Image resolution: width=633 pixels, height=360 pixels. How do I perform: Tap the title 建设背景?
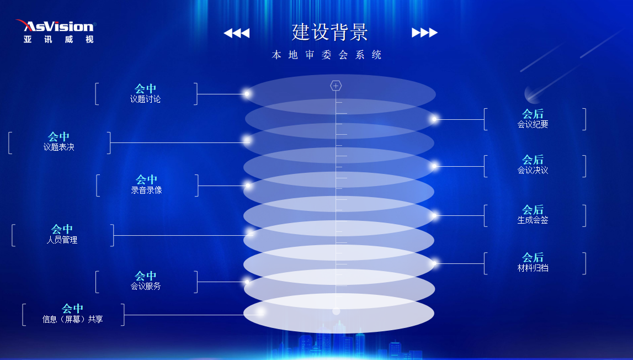pyautogui.click(x=330, y=32)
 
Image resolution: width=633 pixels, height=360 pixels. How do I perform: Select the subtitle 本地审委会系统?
pyautogui.click(x=327, y=55)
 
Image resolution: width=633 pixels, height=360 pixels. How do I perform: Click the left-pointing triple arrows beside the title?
pyautogui.click(x=237, y=33)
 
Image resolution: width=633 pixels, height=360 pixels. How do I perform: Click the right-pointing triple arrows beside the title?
pyautogui.click(x=424, y=33)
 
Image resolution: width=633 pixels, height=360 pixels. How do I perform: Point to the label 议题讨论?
pyautogui.click(x=146, y=99)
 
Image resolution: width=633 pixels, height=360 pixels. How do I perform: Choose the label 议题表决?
pyautogui.click(x=59, y=147)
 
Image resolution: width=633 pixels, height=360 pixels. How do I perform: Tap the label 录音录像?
pyautogui.click(x=146, y=190)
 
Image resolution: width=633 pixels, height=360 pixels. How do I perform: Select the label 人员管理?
pyautogui.click(x=62, y=240)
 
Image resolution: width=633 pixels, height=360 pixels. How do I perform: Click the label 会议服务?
pyautogui.click(x=146, y=287)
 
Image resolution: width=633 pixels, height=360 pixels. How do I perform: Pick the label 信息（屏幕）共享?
pyautogui.click(x=73, y=319)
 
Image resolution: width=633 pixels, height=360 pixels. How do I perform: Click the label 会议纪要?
pyautogui.click(x=533, y=125)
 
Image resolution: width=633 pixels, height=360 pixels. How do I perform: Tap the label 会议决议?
pyautogui.click(x=533, y=171)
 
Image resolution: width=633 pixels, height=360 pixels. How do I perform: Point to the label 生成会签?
pyautogui.click(x=533, y=220)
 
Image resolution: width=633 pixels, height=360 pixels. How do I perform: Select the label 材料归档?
pyautogui.click(x=533, y=268)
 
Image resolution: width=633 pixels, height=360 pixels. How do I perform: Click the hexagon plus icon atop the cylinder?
pyautogui.click(x=336, y=86)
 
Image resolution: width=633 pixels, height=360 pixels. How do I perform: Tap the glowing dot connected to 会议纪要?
pyautogui.click(x=434, y=119)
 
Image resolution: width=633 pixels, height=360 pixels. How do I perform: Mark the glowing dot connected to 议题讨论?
pyautogui.click(x=247, y=94)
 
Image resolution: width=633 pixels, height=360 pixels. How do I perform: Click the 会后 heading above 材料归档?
pyautogui.click(x=533, y=257)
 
